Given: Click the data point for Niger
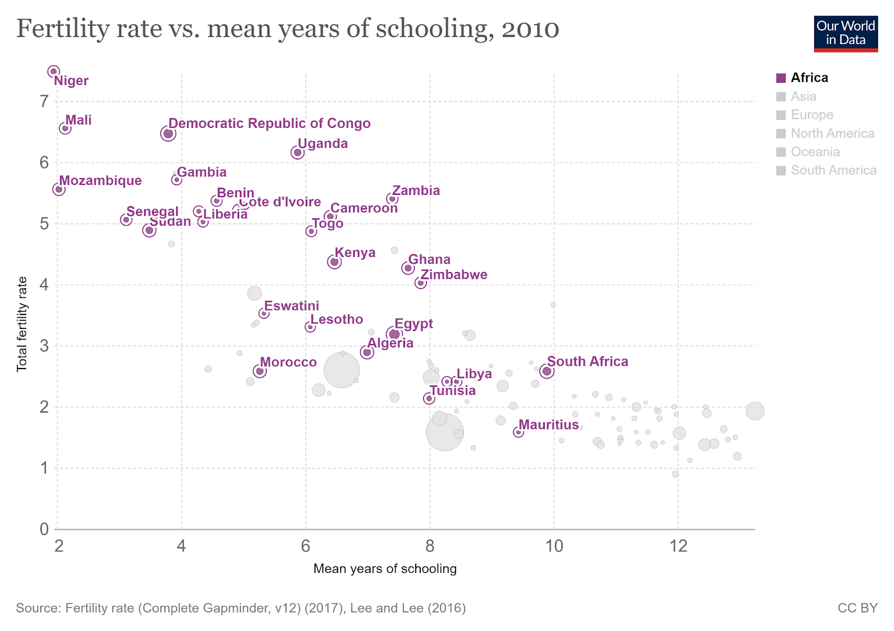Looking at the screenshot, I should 54,71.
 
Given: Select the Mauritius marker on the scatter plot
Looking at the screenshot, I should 519,432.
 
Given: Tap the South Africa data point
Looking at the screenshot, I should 547,371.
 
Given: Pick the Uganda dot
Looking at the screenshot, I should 297,152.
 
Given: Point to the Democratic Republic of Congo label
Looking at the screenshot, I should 269,123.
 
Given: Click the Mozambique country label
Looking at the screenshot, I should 101,180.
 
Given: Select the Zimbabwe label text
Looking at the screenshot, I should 454,275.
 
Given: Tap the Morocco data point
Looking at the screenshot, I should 259,371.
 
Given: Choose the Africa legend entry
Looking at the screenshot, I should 809,78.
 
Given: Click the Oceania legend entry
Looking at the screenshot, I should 815,152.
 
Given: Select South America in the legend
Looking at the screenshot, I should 834,170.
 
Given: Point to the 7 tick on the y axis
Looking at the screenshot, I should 44,102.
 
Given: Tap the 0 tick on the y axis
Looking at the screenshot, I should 44,529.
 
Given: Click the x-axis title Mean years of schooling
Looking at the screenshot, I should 385,569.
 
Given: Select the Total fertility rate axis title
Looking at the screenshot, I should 22,324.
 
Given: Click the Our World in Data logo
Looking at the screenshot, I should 845,34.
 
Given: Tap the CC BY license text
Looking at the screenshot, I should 857,608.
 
